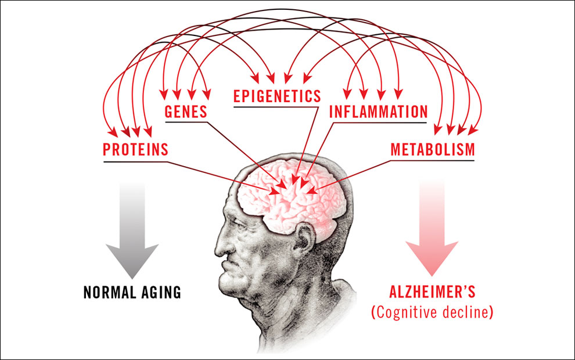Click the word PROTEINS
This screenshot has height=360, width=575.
[135, 150]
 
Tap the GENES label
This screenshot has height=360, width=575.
[186, 111]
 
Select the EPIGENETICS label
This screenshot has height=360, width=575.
[277, 96]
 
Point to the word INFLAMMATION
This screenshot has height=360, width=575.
[379, 112]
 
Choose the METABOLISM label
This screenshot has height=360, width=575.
[433, 150]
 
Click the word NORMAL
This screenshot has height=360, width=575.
[110, 292]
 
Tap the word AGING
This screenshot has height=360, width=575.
[161, 292]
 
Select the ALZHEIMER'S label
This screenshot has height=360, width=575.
[432, 292]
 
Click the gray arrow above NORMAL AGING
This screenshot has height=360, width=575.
[132, 231]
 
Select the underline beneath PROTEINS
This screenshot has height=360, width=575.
[135, 161]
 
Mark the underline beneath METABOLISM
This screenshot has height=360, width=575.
[432, 160]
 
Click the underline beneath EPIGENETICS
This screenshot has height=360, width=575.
[276, 107]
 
